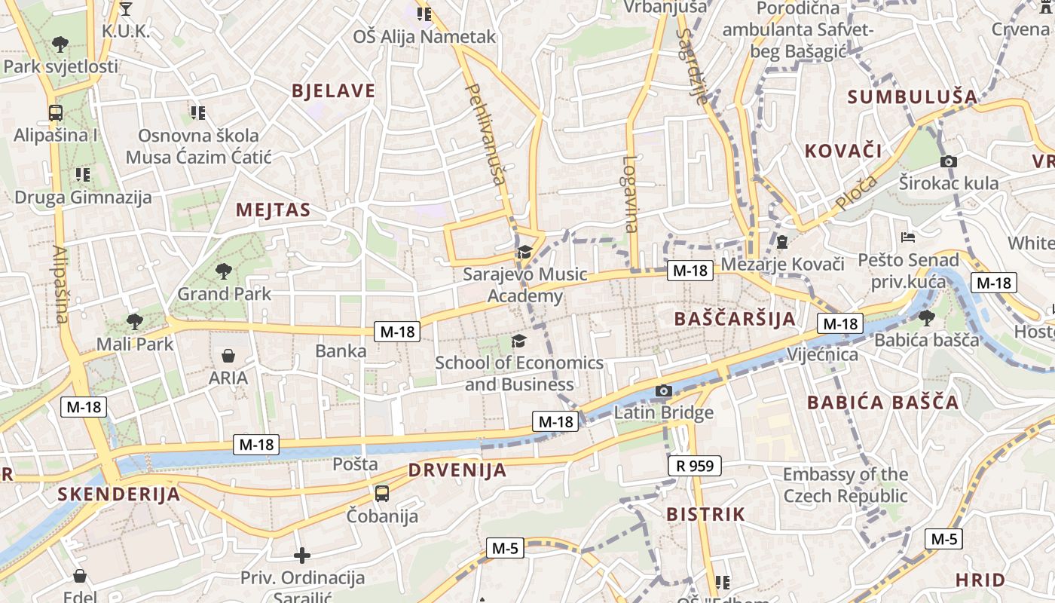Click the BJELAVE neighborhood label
click(x=333, y=91)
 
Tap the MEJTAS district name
click(x=273, y=210)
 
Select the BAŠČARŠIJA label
click(x=735, y=318)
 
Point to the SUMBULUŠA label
click(x=913, y=96)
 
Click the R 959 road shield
click(x=694, y=466)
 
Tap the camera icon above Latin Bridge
click(x=663, y=390)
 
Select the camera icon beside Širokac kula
click(x=949, y=161)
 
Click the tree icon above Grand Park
click(x=223, y=271)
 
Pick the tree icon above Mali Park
click(x=135, y=322)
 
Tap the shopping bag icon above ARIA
click(x=228, y=355)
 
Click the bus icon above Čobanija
click(x=382, y=494)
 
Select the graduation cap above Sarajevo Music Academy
click(x=524, y=252)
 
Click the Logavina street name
click(x=631, y=194)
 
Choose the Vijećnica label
click(x=822, y=354)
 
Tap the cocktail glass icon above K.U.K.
click(x=126, y=9)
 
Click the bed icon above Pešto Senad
click(x=908, y=237)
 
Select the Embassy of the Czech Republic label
click(x=845, y=485)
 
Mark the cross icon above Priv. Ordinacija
click(x=302, y=556)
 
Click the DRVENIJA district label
click(x=457, y=470)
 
